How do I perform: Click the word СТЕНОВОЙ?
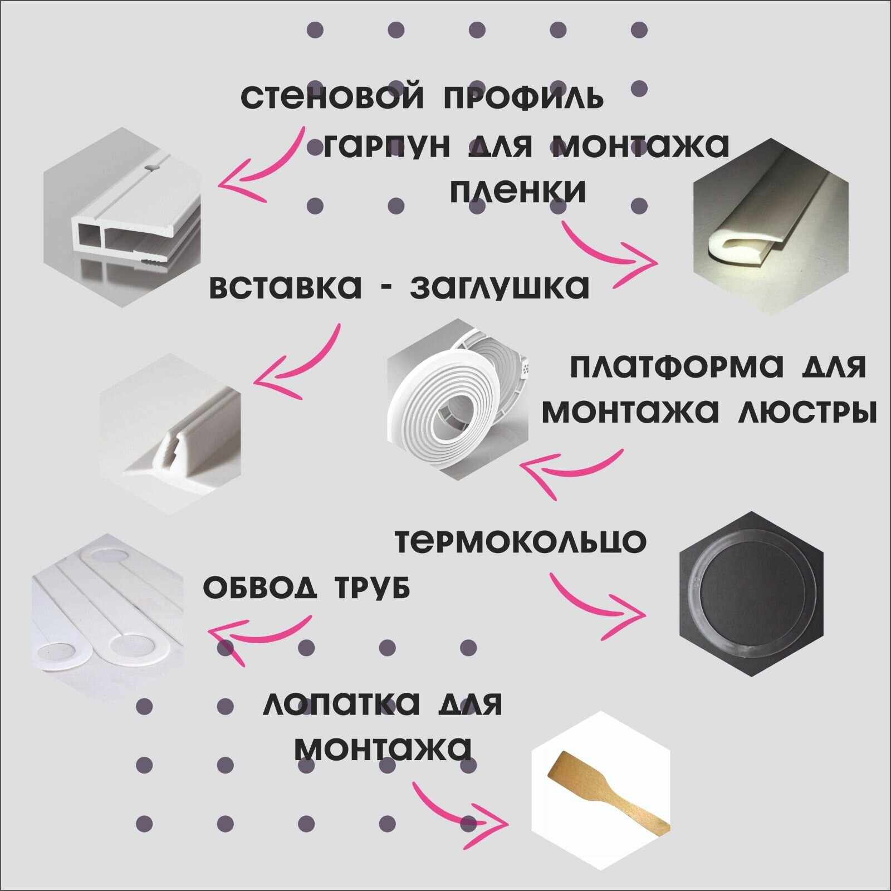coord(332,97)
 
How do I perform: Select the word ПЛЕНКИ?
coord(517,191)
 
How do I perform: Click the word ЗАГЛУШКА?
coord(499,287)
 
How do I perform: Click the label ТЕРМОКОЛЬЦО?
coord(521,541)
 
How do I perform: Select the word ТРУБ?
coord(371,588)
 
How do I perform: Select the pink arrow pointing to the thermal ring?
coord(596,604)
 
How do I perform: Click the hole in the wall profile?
coord(152,167)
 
